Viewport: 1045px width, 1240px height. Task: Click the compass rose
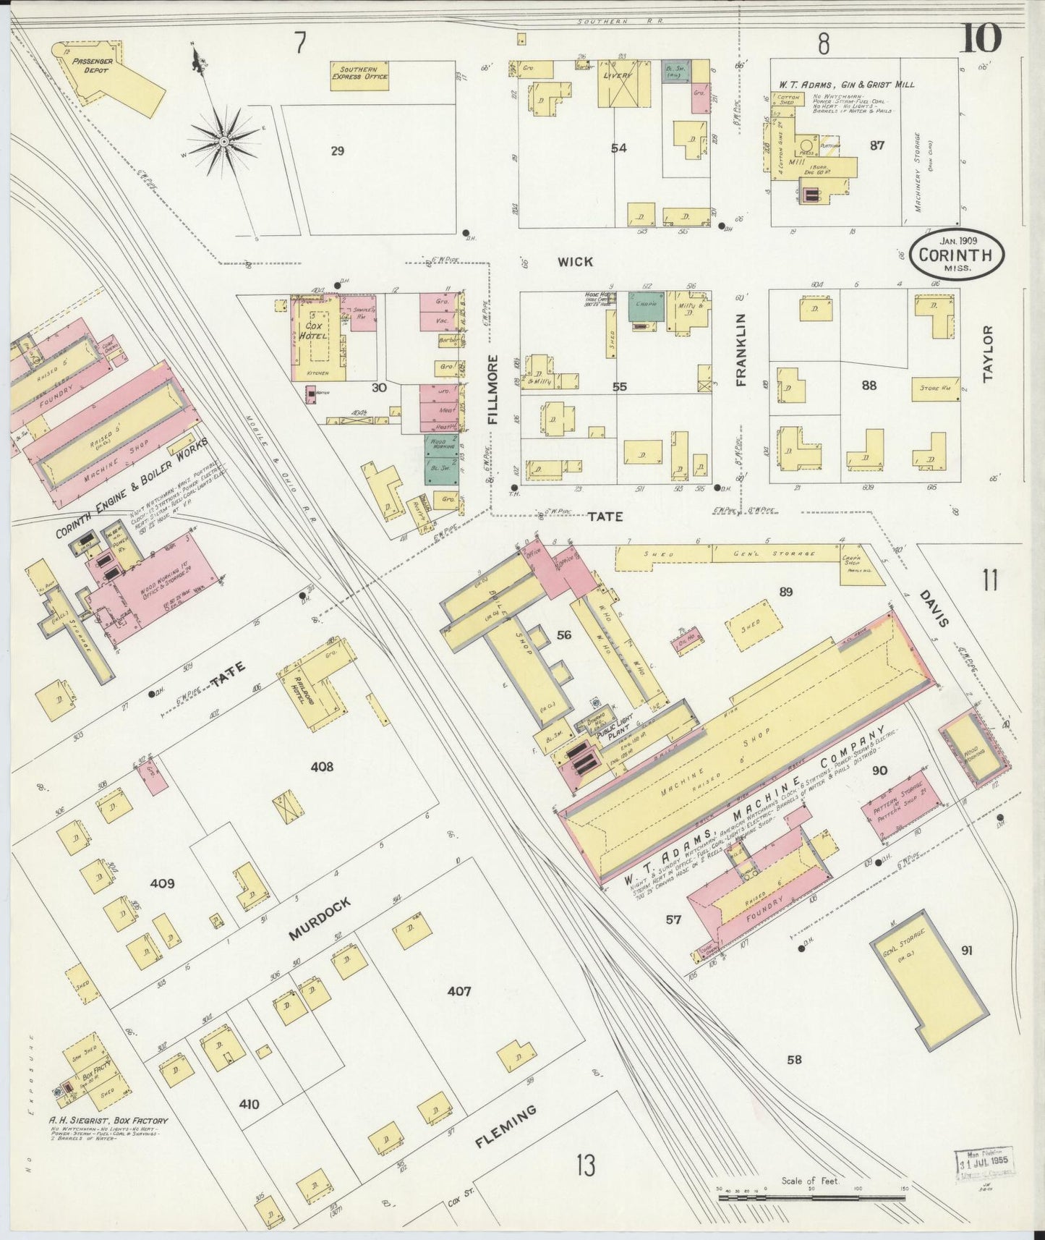click(x=223, y=139)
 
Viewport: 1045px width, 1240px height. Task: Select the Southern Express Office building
click(x=359, y=74)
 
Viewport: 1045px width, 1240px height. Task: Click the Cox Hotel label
click(x=314, y=331)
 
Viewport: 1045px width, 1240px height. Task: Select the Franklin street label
click(x=741, y=349)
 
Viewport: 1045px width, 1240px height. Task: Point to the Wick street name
click(x=575, y=262)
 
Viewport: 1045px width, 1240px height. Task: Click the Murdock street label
click(x=320, y=919)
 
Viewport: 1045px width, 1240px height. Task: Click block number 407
click(x=458, y=990)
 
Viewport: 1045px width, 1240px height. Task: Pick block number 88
click(x=869, y=386)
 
